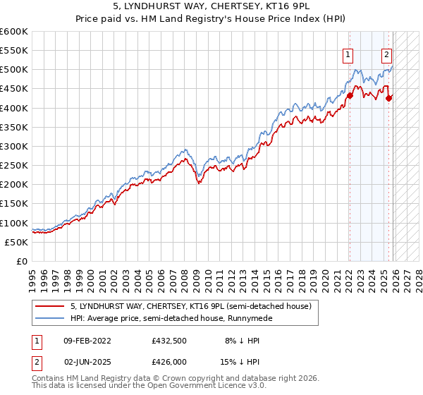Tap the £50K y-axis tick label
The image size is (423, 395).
click(x=16, y=242)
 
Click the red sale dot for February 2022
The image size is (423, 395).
click(x=349, y=95)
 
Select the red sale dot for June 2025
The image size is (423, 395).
click(x=389, y=98)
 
